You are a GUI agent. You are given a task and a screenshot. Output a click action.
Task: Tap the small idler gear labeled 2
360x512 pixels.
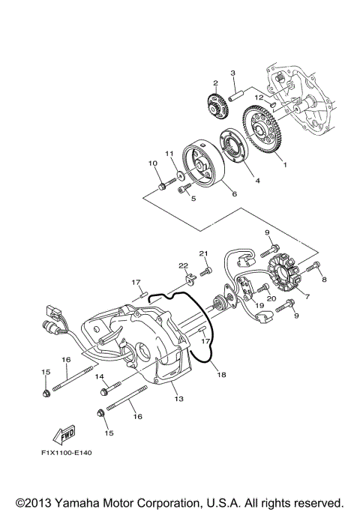pyautogui.click(x=216, y=103)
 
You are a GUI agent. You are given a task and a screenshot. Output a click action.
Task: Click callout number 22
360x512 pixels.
pyautogui.click(x=183, y=265)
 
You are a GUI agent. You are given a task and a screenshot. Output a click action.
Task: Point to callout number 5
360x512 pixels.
pyautogui.click(x=193, y=199)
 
